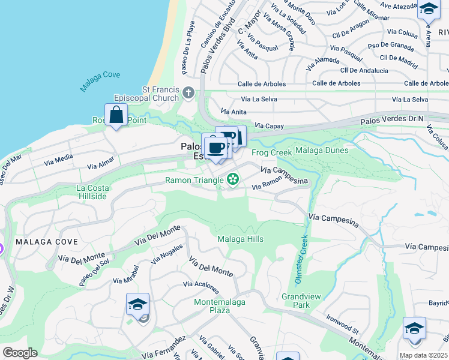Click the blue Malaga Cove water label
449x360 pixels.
click(x=100, y=82)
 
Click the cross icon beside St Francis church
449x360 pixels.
click(x=189, y=93)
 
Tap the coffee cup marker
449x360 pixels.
click(x=215, y=147)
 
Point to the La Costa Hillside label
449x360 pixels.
click(x=92, y=192)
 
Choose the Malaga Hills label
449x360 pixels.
click(x=240, y=239)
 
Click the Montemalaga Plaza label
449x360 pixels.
click(x=220, y=306)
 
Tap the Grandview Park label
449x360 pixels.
click(x=295, y=301)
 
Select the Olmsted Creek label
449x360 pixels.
click(x=302, y=252)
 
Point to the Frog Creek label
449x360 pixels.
click(x=271, y=152)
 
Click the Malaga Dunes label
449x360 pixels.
click(x=321, y=150)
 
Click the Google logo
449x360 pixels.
click(x=20, y=353)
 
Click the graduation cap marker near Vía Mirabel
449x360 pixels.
click(x=137, y=305)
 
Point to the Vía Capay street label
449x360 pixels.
click(x=268, y=126)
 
